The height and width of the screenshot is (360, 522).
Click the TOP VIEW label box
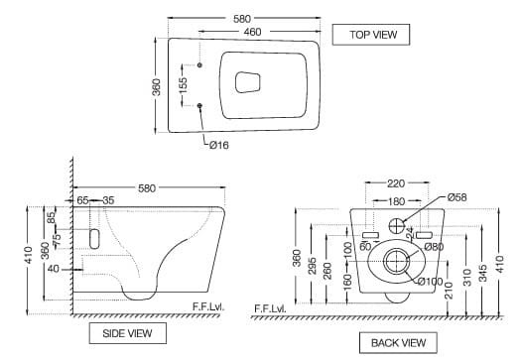pos(371,35)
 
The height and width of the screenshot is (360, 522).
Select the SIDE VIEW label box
pos(127,333)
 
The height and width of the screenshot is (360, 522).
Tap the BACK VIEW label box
pos(398,343)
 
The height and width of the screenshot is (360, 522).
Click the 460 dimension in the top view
pos(253,32)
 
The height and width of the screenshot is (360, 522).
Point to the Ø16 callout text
pos(219,145)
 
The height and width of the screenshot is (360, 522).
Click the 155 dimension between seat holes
pos(183,86)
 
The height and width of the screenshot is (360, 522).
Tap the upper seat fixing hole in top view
pos(199,64)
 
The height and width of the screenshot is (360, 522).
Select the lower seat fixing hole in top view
pos(199,105)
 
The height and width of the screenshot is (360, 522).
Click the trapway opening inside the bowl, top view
pos(248,82)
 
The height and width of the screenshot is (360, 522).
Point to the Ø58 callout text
pos(457,197)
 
